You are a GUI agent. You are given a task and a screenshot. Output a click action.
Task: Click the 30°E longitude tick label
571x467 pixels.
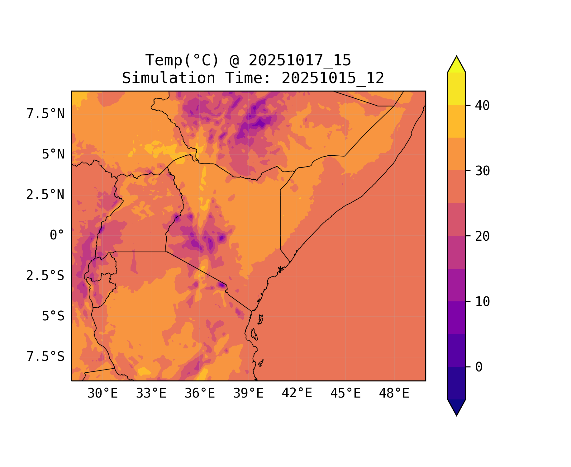click(x=102, y=394)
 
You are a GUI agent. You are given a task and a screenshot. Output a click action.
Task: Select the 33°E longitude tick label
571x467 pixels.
click(x=151, y=394)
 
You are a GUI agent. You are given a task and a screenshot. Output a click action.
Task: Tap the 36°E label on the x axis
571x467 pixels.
click(x=200, y=394)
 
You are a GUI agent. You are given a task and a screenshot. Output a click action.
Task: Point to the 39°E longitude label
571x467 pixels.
click(x=248, y=394)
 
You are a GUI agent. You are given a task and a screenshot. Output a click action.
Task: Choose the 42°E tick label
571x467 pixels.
click(x=297, y=393)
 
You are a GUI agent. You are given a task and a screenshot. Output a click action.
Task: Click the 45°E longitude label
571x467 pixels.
click(x=345, y=394)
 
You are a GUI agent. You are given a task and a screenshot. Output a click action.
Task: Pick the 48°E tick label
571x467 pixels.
click(x=394, y=394)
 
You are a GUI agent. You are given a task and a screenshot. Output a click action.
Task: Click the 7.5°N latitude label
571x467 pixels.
click(x=45, y=114)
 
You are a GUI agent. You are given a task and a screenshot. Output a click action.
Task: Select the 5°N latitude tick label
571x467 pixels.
click(x=53, y=154)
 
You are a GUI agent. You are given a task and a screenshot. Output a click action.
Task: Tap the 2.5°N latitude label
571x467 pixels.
click(x=45, y=195)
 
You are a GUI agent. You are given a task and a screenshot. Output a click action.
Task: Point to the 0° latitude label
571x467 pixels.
click(x=57, y=235)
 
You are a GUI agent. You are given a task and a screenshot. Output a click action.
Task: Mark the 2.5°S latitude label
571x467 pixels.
click(x=45, y=276)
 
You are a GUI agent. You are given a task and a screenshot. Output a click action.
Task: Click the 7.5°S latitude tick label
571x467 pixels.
click(x=45, y=356)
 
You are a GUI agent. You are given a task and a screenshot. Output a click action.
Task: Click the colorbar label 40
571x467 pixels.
click(x=483, y=106)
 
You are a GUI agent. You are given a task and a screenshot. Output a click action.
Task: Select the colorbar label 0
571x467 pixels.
click(x=479, y=367)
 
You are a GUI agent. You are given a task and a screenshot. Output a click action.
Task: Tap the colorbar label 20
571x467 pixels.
click(x=483, y=236)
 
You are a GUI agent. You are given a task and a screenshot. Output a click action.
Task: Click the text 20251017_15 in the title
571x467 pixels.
click(x=300, y=60)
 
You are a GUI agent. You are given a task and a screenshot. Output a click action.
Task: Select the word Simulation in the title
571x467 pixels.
click(x=169, y=78)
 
